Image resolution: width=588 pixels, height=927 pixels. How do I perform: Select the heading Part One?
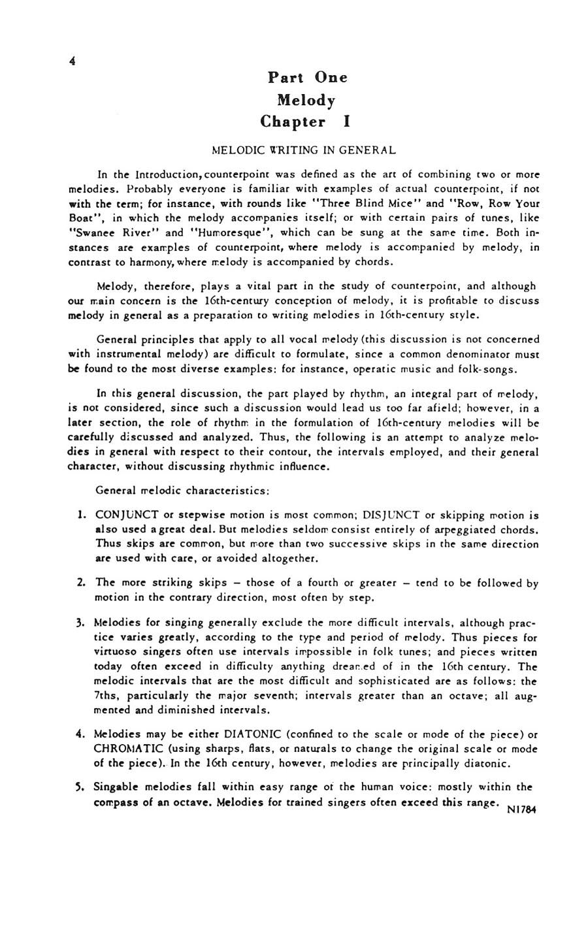[x=308, y=78]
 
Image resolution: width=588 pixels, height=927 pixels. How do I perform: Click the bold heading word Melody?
[x=306, y=101]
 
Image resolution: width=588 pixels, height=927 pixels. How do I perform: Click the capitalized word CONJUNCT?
[x=123, y=515]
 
